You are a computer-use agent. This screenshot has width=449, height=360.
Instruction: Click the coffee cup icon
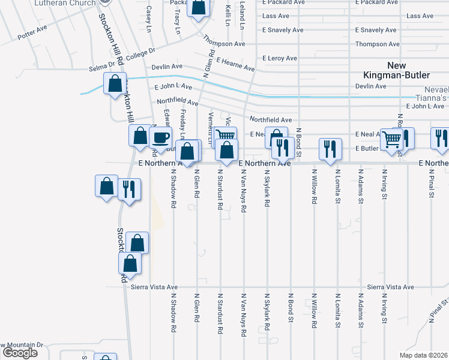160,138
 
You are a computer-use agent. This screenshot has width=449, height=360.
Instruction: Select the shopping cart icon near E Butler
391,140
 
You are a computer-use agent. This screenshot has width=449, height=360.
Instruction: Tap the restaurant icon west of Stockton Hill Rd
129,189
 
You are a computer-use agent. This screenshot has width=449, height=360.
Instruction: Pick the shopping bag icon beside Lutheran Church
199,9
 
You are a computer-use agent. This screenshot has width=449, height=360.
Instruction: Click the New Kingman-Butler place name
384,70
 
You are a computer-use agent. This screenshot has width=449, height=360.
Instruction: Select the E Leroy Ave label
280,58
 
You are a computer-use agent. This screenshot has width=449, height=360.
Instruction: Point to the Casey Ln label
149,16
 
